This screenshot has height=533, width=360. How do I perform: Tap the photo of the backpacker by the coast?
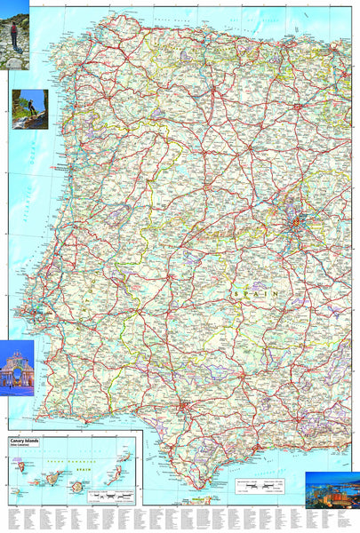tap(29, 108)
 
